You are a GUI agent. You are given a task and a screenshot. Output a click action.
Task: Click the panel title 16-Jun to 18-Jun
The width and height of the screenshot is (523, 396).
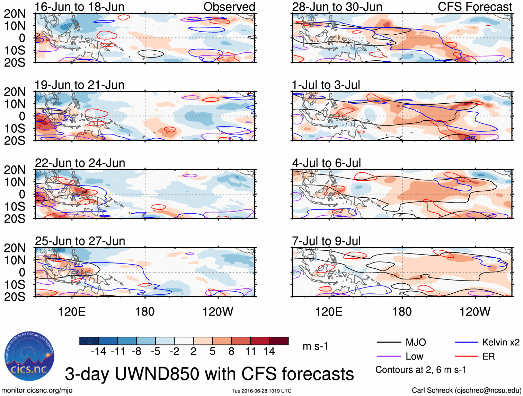click(79, 7)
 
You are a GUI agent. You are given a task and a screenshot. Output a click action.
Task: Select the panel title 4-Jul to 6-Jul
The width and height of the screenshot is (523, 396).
click(326, 163)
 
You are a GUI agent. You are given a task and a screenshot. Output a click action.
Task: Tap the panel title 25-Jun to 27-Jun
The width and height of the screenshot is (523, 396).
click(80, 241)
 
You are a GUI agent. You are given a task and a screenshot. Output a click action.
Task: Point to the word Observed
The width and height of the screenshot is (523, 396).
click(229, 7)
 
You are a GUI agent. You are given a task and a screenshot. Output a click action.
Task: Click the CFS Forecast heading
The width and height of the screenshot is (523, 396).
click(475, 7)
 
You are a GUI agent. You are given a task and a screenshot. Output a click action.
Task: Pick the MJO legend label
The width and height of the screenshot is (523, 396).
click(416, 343)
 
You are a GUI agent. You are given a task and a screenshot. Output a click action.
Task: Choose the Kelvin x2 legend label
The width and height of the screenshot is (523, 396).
click(500, 343)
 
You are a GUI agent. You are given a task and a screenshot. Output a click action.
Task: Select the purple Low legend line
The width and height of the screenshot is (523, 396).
click(389, 356)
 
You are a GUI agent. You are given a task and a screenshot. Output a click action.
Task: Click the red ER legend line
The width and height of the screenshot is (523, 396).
click(466, 356)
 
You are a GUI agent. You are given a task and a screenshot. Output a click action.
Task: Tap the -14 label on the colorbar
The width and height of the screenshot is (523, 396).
click(98, 352)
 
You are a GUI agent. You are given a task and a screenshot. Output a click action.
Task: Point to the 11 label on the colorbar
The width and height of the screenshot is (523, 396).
click(250, 352)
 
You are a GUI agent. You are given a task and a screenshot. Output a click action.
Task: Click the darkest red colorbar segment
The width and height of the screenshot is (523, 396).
click(279, 341)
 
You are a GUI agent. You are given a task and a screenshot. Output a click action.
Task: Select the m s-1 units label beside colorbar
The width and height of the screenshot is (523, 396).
click(315, 346)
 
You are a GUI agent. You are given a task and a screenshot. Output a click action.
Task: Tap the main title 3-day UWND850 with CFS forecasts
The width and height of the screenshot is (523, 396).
click(209, 374)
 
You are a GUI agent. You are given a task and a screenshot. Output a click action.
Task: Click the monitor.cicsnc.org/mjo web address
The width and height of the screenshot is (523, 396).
click(37, 390)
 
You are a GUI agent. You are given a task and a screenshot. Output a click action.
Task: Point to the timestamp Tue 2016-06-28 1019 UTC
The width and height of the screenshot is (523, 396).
click(261, 391)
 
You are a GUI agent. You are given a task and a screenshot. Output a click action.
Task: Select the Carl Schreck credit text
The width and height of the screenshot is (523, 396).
click(466, 390)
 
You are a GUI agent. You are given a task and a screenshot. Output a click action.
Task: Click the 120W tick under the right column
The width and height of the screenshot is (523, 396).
click(475, 312)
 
